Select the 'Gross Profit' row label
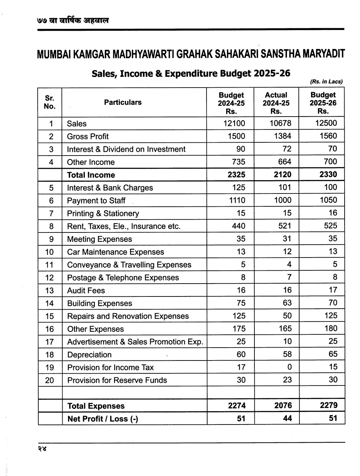pos(88,136)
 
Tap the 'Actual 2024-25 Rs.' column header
pos(276,103)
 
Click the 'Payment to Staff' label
pos(96,201)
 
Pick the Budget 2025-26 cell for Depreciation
pos(333,354)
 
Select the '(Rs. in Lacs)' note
pos(326,82)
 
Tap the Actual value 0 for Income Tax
pos(290,367)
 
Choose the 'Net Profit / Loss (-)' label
pos(102,419)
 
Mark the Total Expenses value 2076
pos(283,406)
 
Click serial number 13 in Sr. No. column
pos(50,291)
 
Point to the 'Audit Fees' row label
pos(86,291)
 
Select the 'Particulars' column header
pos(123,102)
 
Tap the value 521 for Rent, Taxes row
pos(285,226)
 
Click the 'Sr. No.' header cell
pos(50,102)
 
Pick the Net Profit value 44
pos(287,418)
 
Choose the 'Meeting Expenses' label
pos(99,239)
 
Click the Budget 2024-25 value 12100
pos(234,123)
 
